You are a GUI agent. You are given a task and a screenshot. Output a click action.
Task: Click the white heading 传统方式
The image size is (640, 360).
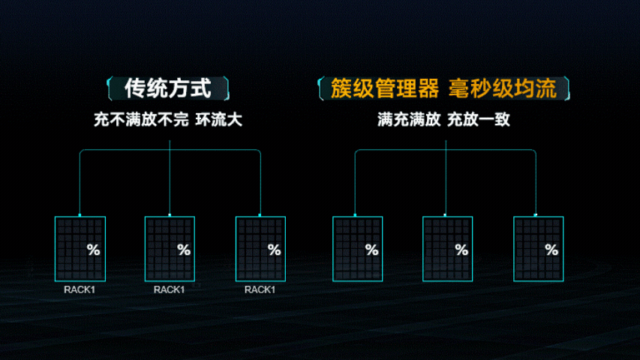169,89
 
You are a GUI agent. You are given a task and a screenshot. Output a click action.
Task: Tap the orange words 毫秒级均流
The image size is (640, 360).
503,89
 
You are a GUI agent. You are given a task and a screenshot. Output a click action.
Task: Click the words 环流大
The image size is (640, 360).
219,120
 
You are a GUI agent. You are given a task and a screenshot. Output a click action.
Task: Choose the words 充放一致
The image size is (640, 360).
479,120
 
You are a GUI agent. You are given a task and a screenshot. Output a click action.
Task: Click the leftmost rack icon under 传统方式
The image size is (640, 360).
80,249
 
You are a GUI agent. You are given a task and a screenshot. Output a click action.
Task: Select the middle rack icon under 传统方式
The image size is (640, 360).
170,249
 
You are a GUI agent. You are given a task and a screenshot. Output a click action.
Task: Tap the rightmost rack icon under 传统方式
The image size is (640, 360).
260,249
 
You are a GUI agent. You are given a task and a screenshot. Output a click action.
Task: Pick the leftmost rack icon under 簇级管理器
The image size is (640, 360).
357,249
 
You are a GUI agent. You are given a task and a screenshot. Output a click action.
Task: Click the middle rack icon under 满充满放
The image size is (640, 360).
447,249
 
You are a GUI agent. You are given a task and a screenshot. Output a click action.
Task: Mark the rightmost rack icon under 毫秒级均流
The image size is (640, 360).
538,249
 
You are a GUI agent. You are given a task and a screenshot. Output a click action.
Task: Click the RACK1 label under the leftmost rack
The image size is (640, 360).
80,289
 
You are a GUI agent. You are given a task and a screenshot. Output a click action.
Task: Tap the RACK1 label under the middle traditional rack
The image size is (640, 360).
170,289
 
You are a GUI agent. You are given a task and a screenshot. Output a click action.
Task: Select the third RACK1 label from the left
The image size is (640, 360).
260,289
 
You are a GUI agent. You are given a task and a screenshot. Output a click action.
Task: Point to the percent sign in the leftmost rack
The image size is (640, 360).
94,250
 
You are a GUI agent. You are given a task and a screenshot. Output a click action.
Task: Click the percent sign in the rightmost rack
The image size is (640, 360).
552,250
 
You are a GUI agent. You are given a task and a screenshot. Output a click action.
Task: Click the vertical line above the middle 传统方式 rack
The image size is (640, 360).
170,180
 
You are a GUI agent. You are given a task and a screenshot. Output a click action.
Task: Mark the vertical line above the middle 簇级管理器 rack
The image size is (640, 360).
446,180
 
